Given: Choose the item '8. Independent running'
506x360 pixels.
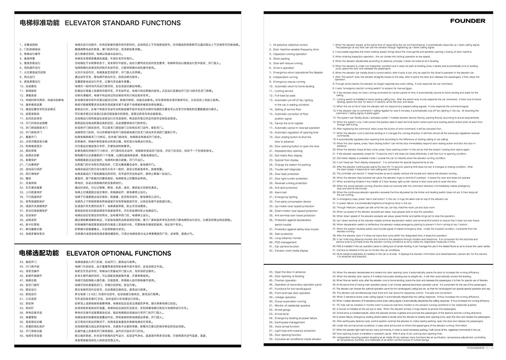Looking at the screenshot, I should pos(287,77).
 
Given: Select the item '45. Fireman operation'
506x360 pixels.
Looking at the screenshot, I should pos(286,281).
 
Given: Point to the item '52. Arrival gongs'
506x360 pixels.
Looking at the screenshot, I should pos(284,309).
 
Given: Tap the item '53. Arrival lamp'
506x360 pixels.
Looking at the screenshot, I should pos(283,313).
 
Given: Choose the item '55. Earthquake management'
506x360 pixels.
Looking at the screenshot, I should pos(290,322).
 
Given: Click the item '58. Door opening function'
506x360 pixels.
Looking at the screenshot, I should pos(288,335).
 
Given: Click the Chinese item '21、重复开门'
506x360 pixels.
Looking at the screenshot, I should pos(30,136).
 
